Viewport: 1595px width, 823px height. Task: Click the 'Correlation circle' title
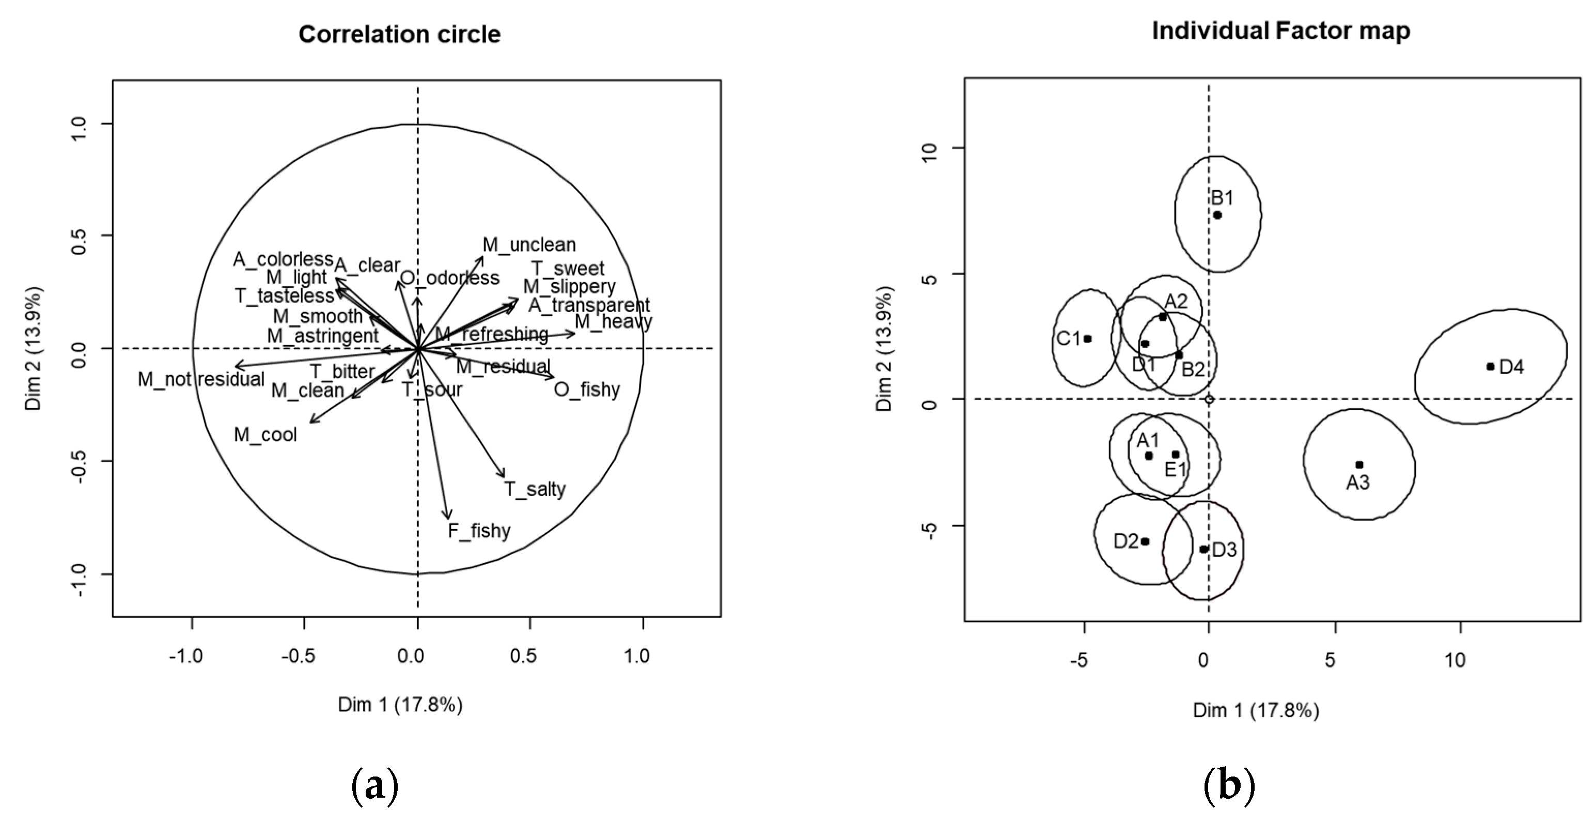pyautogui.click(x=399, y=34)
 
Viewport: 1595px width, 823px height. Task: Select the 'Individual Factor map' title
pyautogui.click(x=1280, y=31)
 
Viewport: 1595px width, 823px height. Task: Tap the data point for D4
pyautogui.click(x=1490, y=367)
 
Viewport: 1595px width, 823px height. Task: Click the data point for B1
pyautogui.click(x=1217, y=215)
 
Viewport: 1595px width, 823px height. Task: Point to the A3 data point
pyautogui.click(x=1359, y=464)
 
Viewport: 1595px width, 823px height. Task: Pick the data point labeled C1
pyautogui.click(x=1087, y=339)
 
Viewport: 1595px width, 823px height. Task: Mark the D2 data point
pyautogui.click(x=1145, y=541)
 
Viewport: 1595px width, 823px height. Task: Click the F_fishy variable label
pyautogui.click(x=479, y=531)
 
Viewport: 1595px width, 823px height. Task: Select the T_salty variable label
pyautogui.click(x=535, y=489)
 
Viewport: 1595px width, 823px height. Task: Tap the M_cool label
pyautogui.click(x=265, y=434)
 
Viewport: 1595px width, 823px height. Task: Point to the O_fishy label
pyautogui.click(x=586, y=390)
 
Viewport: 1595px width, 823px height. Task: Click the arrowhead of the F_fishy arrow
pyautogui.click(x=448, y=517)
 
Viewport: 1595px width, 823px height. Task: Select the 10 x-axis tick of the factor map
pyautogui.click(x=1455, y=660)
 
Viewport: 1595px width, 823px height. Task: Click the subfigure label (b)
pyautogui.click(x=1229, y=786)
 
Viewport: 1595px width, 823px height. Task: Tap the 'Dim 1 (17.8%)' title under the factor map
pyautogui.click(x=1256, y=710)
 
